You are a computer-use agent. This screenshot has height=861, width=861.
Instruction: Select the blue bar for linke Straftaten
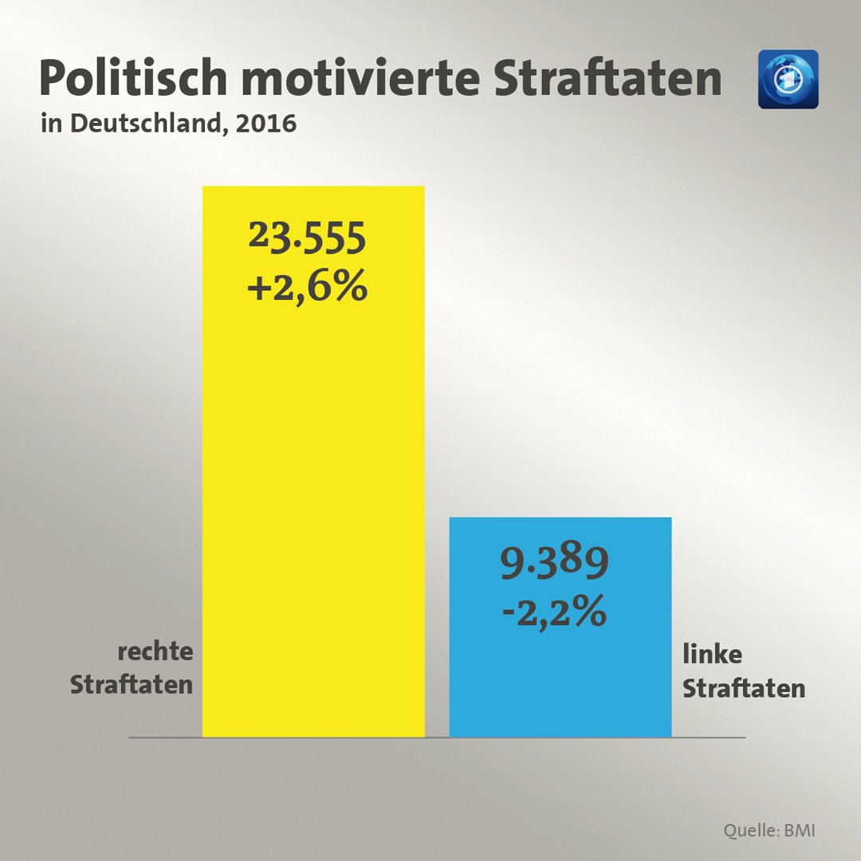click(560, 678)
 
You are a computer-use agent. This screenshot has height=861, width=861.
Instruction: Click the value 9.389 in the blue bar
click(554, 564)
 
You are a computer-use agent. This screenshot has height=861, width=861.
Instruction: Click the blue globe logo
click(788, 79)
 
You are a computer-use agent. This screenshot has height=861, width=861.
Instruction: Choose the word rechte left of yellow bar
click(155, 651)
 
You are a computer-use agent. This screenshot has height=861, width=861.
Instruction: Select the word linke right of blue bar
click(712, 655)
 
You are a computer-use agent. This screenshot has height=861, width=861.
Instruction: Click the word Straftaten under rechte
click(132, 685)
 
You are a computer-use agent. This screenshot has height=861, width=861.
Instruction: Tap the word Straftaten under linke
click(744, 688)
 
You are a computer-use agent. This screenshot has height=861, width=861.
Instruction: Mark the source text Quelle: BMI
click(769, 830)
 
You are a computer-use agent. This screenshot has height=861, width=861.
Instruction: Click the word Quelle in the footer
click(749, 830)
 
